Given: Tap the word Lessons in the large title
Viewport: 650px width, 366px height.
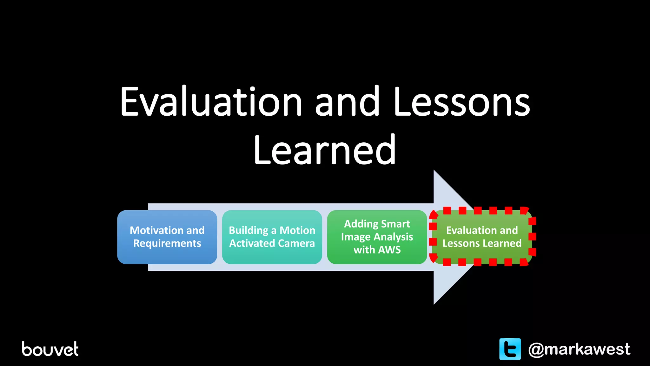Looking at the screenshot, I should [461, 102].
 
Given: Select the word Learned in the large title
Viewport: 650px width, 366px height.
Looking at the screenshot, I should [325, 150].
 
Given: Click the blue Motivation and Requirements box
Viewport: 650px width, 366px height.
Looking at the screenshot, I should [167, 237].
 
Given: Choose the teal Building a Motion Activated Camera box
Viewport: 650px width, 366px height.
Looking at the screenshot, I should [272, 237].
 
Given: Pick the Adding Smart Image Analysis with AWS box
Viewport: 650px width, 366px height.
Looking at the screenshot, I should [377, 237].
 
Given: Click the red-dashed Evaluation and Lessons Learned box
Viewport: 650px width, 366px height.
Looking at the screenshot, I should [482, 237].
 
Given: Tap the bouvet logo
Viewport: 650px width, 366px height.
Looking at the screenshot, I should [50, 349].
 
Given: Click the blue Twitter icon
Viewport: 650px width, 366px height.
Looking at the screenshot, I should [510, 349].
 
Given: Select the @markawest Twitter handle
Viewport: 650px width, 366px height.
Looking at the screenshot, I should [579, 349].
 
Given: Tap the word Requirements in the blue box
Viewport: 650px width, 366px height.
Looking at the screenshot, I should [167, 243].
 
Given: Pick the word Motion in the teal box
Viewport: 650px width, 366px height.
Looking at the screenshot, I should [297, 230].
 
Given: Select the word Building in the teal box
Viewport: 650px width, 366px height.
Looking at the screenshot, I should [249, 230].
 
